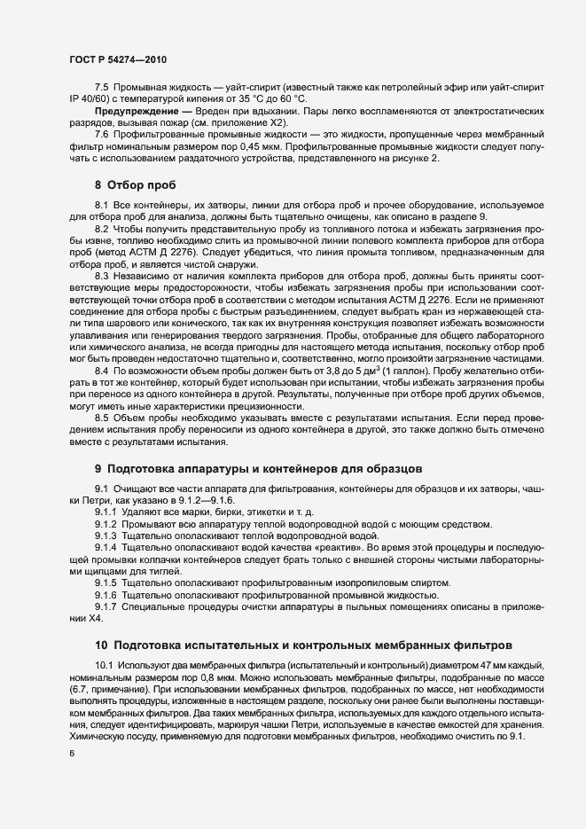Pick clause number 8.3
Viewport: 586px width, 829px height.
tap(101, 275)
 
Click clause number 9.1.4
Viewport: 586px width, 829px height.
tap(106, 549)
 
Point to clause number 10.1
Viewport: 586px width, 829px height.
tap(104, 664)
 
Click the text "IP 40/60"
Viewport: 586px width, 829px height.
tap(88, 102)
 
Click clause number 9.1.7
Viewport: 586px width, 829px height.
tap(106, 606)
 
